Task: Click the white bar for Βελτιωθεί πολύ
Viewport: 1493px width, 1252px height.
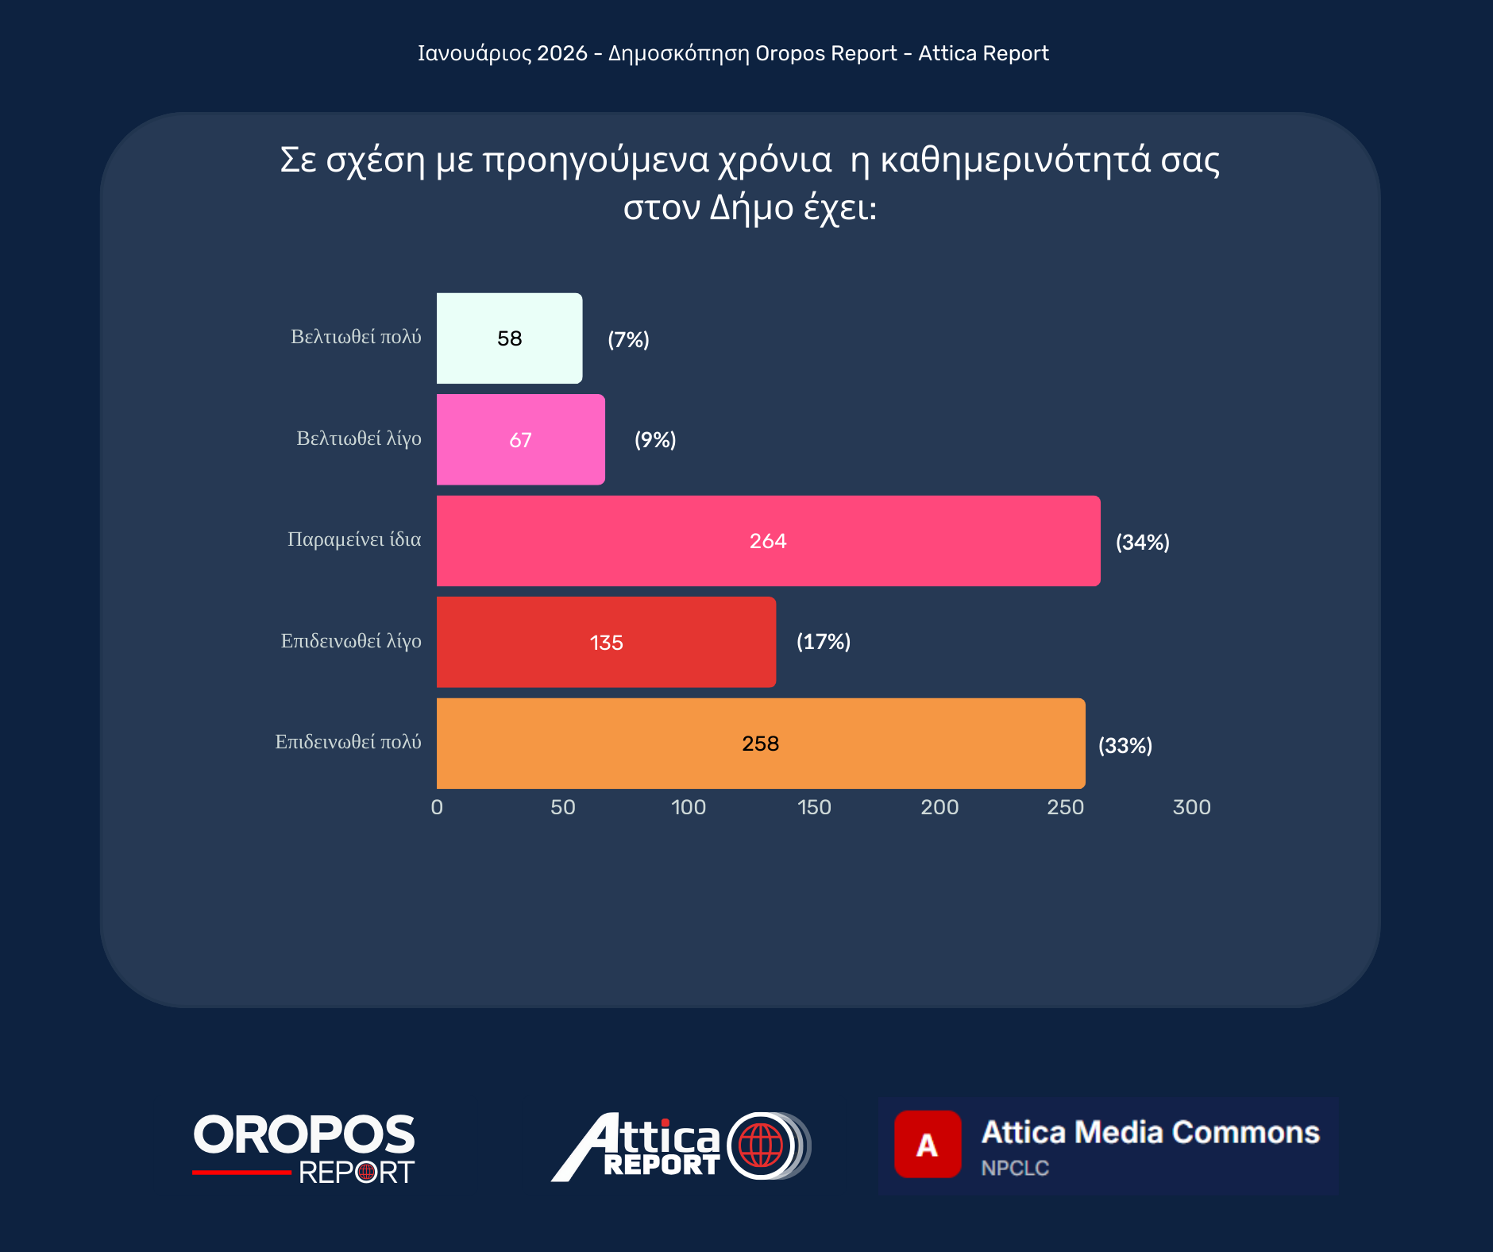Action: tap(509, 338)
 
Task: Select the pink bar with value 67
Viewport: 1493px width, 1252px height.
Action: tap(520, 439)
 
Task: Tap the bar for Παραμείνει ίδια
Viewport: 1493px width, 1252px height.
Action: tap(768, 541)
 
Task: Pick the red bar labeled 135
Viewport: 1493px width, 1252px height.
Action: tap(606, 642)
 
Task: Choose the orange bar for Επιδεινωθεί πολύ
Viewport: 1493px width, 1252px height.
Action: tap(760, 744)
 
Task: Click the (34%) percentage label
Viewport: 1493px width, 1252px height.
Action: tap(1142, 543)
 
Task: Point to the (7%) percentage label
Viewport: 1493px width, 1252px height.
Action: tap(628, 340)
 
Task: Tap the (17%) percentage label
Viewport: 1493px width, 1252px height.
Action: tap(824, 642)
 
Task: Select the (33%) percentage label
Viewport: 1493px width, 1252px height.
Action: tap(1125, 746)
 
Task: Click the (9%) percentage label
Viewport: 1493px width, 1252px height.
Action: tap(655, 440)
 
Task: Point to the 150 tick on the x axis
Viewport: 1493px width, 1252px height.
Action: tap(814, 807)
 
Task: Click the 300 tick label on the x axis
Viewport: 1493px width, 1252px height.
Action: tap(1191, 807)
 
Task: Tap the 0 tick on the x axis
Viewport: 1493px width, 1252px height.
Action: tap(437, 807)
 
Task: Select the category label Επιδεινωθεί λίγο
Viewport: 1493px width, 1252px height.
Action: tap(351, 641)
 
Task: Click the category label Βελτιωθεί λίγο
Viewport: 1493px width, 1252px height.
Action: tap(359, 439)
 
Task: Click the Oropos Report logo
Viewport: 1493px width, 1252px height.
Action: tap(303, 1148)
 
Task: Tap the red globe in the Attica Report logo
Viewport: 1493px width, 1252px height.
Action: tap(760, 1146)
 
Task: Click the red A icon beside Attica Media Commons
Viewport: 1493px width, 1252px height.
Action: tap(927, 1144)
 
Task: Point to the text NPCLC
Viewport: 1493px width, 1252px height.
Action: tap(1015, 1168)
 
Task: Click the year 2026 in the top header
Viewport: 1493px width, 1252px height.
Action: tap(561, 53)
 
